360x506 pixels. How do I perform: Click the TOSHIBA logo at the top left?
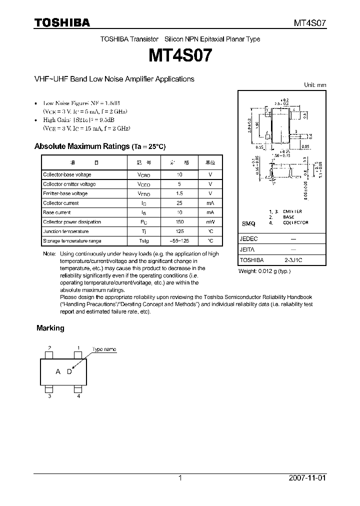click(62, 22)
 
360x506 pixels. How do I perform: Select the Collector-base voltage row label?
click(67, 174)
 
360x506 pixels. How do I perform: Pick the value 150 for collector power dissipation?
click(179, 222)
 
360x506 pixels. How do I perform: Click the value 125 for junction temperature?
click(179, 231)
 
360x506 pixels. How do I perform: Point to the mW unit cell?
click(210, 222)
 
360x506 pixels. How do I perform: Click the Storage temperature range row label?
click(72, 241)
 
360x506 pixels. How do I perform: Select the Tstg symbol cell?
click(144, 241)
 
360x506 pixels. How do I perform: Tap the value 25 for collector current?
click(179, 203)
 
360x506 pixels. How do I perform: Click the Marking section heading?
click(50, 328)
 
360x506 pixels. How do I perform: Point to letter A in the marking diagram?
click(58, 371)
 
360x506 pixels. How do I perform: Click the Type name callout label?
click(104, 349)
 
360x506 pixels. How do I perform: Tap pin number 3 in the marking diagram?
click(49, 396)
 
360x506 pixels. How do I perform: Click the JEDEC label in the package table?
click(248, 239)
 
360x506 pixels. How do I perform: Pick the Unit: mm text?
click(315, 85)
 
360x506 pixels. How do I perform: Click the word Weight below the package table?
click(248, 271)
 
